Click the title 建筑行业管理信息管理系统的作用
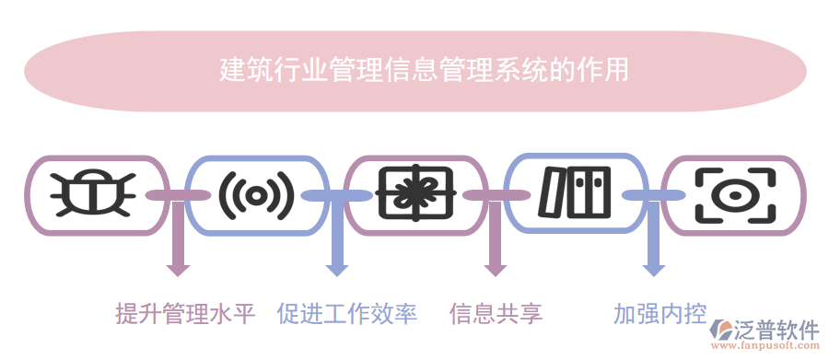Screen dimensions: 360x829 (x=425, y=70)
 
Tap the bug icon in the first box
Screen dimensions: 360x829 (x=96, y=194)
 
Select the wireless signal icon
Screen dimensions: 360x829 (x=256, y=194)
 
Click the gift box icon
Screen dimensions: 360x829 (x=415, y=194)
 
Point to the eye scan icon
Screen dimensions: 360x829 (x=734, y=194)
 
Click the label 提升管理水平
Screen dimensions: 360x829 (x=185, y=314)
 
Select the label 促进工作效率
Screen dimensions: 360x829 (x=346, y=314)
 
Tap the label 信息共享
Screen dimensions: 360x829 (x=496, y=314)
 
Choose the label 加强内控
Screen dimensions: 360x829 (x=660, y=314)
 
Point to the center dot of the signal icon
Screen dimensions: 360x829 (x=256, y=194)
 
